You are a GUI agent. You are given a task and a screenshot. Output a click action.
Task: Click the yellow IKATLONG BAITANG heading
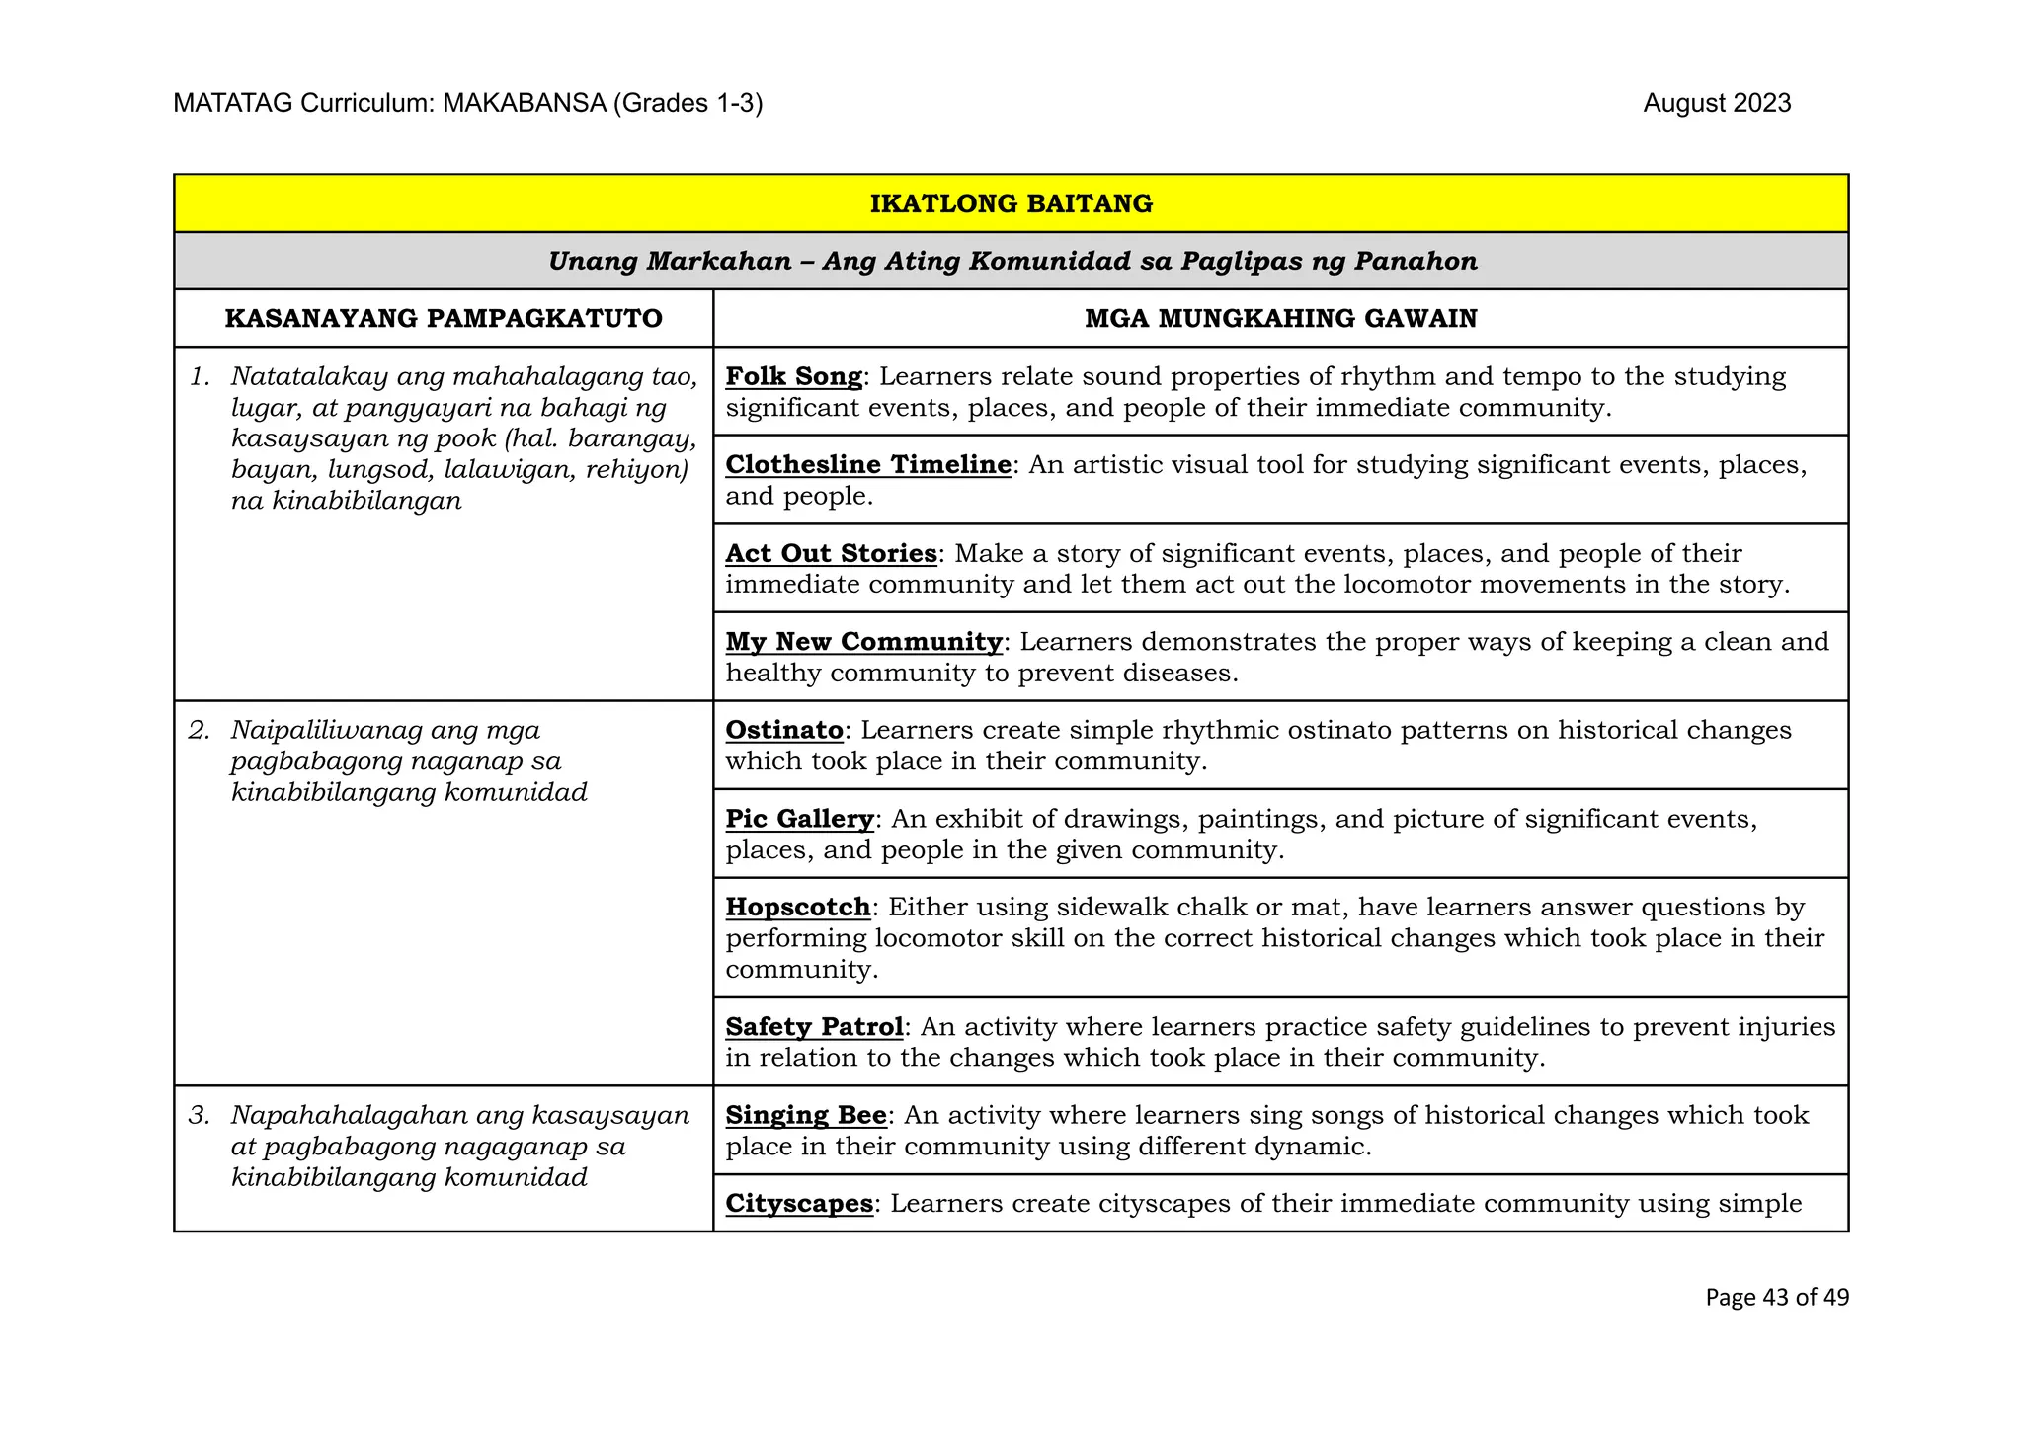1011,203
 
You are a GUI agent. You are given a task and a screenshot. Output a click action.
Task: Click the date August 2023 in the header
1717,103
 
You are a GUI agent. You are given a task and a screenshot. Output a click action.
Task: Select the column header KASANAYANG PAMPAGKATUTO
444,318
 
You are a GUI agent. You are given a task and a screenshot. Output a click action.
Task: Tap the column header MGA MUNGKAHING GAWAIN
1280,318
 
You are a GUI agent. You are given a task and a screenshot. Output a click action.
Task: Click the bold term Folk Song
794,376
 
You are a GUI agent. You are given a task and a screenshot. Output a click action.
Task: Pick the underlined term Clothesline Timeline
868,464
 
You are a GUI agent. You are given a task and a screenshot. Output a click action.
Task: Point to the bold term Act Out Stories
831,553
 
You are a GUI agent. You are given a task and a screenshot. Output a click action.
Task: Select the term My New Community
864,641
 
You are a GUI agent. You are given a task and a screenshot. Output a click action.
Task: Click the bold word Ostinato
784,730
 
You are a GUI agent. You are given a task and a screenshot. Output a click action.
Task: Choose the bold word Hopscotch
798,907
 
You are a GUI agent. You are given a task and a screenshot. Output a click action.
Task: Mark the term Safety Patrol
814,1026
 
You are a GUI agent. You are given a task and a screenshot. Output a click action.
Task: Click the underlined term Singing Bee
806,1115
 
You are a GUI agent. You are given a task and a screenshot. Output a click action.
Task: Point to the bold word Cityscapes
799,1203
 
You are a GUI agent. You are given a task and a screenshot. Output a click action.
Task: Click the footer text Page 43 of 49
1776,1297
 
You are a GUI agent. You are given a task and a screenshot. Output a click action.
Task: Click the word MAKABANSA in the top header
524,103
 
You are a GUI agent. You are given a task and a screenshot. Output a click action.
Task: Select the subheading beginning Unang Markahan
1012,261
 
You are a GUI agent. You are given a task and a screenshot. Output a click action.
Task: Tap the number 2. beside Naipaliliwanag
200,730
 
